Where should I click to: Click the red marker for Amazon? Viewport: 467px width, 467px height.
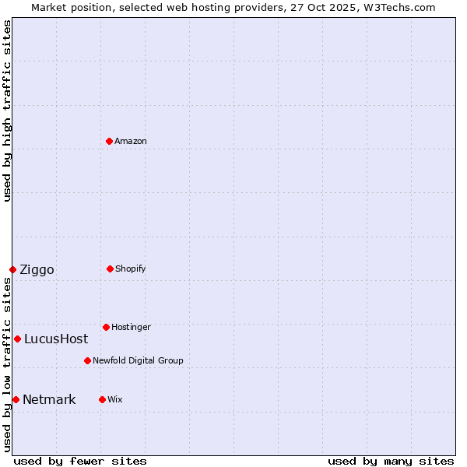[109, 141]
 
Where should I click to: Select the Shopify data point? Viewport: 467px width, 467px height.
[110, 269]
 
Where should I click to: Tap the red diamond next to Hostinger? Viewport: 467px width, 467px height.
[106, 327]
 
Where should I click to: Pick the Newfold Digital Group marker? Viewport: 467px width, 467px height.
[87, 360]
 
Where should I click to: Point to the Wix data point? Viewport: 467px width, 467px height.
[102, 399]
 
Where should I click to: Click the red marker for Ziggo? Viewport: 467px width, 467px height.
[12, 269]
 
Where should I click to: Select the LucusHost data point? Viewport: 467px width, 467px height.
[17, 339]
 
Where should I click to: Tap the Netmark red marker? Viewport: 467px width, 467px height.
[16, 399]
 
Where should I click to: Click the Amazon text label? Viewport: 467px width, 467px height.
[131, 141]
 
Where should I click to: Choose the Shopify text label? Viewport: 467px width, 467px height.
[131, 269]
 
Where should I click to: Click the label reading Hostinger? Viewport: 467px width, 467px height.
[131, 327]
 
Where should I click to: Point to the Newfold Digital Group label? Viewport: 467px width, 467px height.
[138, 360]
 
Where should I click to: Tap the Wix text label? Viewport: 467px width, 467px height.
[115, 399]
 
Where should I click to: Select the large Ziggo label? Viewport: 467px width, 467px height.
[37, 270]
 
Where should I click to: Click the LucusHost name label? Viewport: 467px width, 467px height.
[56, 339]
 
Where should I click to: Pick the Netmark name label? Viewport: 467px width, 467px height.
[49, 400]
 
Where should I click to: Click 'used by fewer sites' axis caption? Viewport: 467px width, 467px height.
[80, 461]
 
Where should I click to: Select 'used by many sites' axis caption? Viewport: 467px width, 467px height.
[391, 461]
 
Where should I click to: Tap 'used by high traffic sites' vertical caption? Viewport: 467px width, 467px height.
[7, 111]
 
